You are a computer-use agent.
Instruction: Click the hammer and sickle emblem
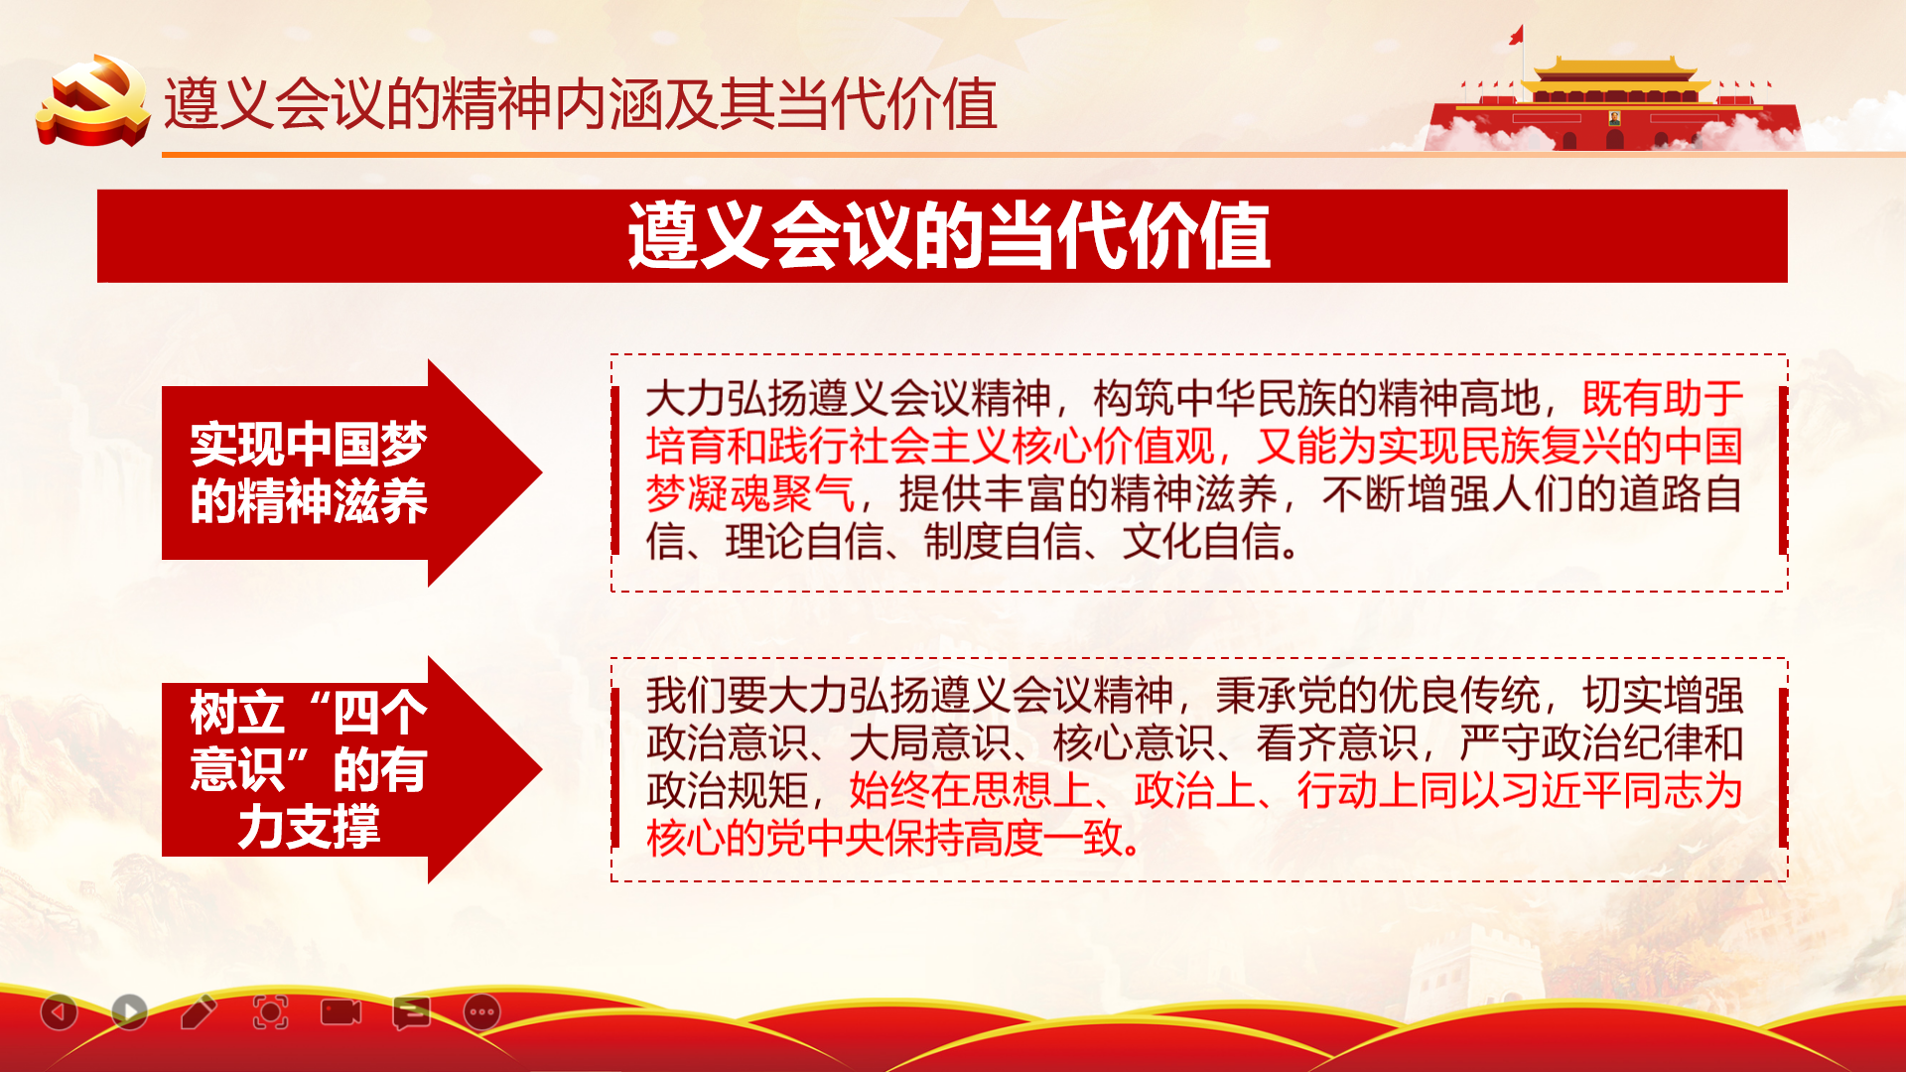tap(92, 100)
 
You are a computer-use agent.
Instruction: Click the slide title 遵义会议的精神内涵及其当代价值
tap(580, 104)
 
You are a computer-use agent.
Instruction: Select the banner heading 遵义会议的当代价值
tap(948, 236)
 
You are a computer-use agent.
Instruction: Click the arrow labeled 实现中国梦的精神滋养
tap(351, 472)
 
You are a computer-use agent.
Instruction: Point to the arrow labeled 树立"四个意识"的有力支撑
tap(351, 769)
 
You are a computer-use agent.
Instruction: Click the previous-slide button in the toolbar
tap(59, 1012)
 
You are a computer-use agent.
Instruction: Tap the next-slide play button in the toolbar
tap(129, 1012)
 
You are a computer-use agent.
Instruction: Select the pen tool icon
tap(199, 1011)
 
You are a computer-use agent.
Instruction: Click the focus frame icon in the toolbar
tap(270, 1012)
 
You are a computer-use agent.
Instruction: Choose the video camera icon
tap(340, 1011)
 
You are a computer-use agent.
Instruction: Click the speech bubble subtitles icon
tap(411, 1012)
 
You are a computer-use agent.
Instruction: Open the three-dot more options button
tap(482, 1012)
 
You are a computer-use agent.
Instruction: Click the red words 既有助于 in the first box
tap(1663, 399)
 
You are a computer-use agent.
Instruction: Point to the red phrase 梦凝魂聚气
tap(750, 494)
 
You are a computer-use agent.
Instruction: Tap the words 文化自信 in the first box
tap(1202, 542)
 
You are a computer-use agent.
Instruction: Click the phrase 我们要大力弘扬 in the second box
tap(788, 695)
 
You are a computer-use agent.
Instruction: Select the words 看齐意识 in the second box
tap(1336, 742)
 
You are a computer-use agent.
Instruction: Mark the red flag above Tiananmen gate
tap(1516, 36)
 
